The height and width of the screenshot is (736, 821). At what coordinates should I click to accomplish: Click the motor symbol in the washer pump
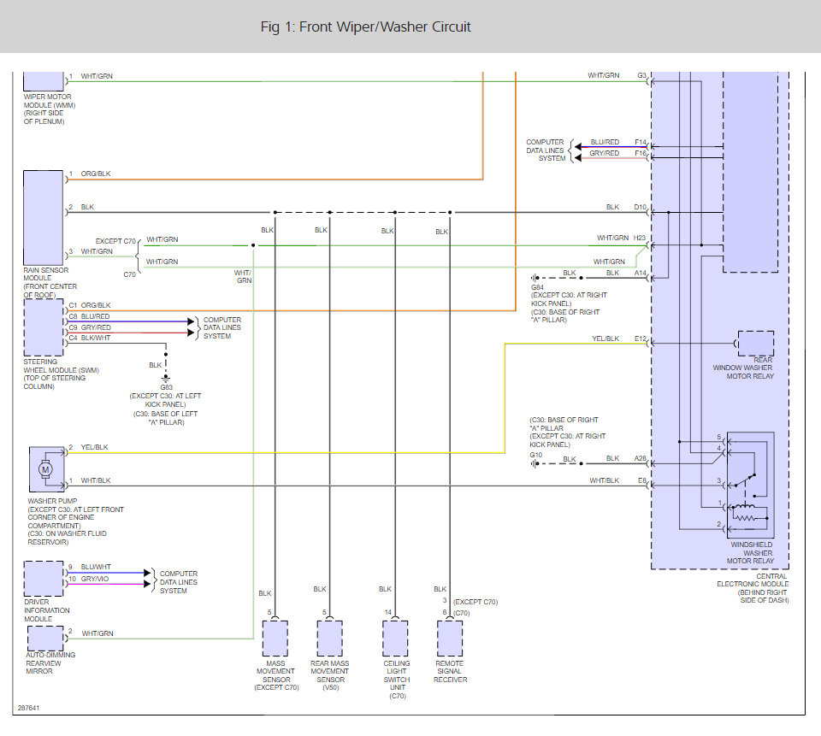click(x=45, y=469)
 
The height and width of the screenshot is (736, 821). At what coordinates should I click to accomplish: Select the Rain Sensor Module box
click(x=44, y=218)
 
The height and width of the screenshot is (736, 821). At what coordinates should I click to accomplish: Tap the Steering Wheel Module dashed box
click(x=44, y=327)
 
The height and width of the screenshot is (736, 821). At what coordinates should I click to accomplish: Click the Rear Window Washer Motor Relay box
click(x=755, y=344)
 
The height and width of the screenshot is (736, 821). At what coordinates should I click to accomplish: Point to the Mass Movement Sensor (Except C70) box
click(x=275, y=638)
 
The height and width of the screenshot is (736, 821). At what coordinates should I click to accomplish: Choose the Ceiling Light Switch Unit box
click(x=395, y=638)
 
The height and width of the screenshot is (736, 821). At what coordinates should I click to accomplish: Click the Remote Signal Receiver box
click(x=450, y=638)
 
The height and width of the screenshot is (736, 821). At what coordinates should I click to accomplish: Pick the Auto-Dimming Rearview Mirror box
click(x=45, y=639)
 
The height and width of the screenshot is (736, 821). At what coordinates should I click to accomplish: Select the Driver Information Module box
click(x=44, y=579)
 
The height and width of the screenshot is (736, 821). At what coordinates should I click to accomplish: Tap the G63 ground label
click(x=166, y=387)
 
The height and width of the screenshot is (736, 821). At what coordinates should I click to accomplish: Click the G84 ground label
click(x=537, y=287)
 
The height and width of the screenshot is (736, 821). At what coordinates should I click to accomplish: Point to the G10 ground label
click(x=535, y=455)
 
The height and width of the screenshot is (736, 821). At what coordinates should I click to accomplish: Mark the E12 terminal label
click(x=641, y=339)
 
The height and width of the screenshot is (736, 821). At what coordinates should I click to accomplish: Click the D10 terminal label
click(x=641, y=208)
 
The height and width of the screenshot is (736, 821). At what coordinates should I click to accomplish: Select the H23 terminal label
click(x=640, y=238)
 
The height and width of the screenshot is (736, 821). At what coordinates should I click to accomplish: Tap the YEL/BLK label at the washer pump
click(x=94, y=447)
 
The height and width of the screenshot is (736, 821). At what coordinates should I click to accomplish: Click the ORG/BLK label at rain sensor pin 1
click(x=96, y=174)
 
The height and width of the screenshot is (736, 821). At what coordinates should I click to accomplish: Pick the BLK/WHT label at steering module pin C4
click(x=96, y=338)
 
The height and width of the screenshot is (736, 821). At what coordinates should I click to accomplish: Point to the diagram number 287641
click(x=28, y=708)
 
